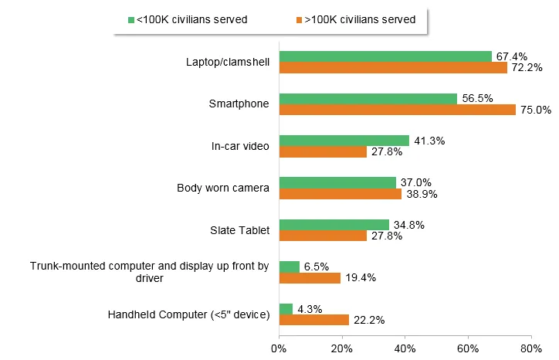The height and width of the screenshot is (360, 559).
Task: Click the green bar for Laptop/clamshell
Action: click(385, 56)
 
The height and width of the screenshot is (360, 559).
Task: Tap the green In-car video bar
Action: click(344, 141)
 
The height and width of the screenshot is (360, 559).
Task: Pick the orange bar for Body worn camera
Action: click(340, 194)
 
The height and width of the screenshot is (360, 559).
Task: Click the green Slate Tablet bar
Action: click(334, 225)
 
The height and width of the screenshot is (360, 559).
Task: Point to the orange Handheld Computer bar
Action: click(313, 320)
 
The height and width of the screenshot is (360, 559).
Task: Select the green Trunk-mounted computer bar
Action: click(289, 267)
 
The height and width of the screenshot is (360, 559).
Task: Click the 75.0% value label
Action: click(535, 110)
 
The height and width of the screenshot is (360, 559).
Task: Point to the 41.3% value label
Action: click(431, 141)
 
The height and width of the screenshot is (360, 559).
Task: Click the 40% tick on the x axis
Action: click(405, 348)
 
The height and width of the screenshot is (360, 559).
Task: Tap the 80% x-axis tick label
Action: click(530, 348)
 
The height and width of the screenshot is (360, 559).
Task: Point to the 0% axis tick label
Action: click(279, 348)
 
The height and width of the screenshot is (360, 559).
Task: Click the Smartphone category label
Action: click(239, 104)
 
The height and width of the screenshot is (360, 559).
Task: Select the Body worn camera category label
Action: click(222, 188)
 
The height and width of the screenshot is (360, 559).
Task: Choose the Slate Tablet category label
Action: click(239, 230)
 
